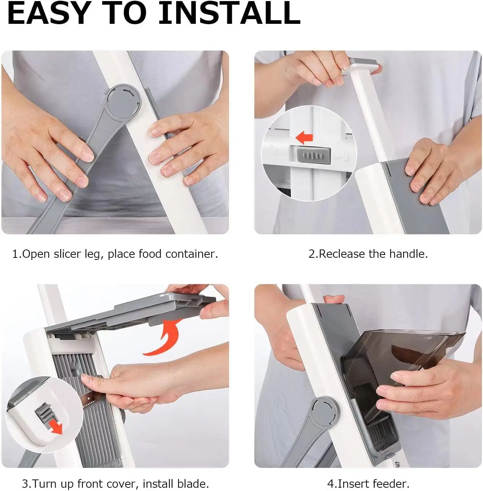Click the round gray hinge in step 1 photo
click(x=124, y=101)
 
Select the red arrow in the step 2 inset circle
click(x=304, y=138)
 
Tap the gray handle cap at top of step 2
click(x=363, y=64)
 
